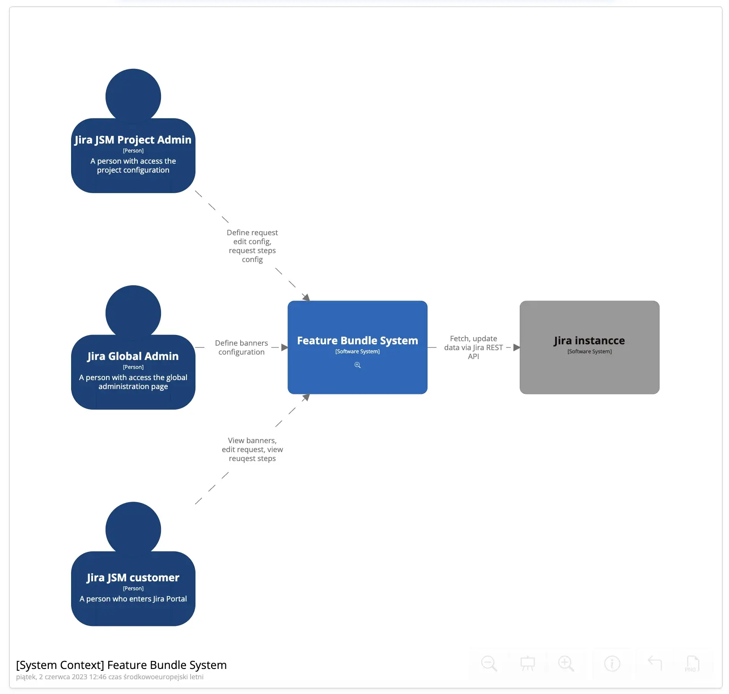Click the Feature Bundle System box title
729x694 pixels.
[x=357, y=341]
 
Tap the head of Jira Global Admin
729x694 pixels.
[x=133, y=312]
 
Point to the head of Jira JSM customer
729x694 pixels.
[x=133, y=529]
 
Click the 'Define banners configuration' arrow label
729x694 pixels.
[x=242, y=347]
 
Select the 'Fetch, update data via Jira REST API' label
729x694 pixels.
[x=473, y=347]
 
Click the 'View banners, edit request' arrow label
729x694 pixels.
[x=252, y=449]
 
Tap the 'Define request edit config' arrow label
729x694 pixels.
[x=252, y=246]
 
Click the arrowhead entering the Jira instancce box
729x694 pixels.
[x=517, y=347]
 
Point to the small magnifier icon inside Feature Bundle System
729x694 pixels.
[x=357, y=365]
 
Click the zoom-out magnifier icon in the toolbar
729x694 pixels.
[x=489, y=663]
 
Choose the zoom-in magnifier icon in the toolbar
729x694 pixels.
[x=566, y=663]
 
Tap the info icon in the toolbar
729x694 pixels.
[x=612, y=663]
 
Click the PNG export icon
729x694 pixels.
[x=692, y=663]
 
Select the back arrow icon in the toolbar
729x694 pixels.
[x=654, y=662]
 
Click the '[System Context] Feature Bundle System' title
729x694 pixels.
[x=121, y=665]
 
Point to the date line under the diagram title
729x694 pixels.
[x=110, y=677]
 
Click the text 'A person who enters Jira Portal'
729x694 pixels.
[x=133, y=599]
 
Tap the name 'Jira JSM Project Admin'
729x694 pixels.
[x=133, y=140]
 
